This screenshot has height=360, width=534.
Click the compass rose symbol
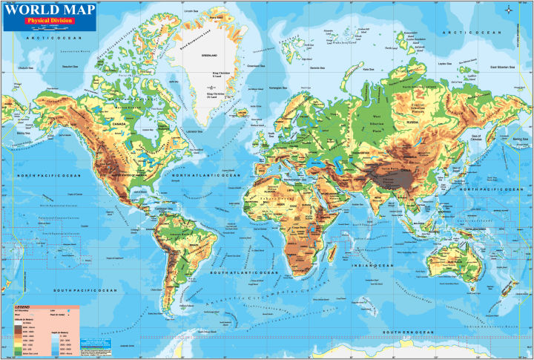[x=508, y=10]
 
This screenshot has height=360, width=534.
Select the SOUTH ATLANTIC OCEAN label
[x=237, y=272]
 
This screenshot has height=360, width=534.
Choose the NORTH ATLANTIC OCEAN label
[x=208, y=175]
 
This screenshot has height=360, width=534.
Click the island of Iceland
[x=243, y=114]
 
